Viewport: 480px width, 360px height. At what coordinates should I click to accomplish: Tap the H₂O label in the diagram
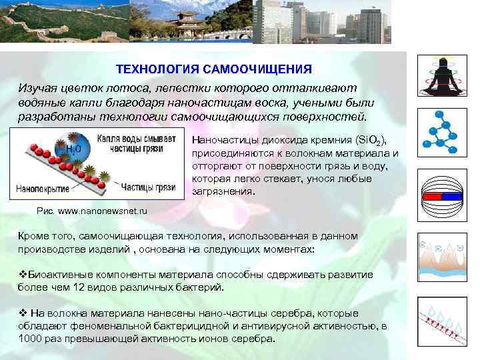pos(73,147)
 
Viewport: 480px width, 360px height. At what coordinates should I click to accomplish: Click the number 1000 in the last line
pos(29,338)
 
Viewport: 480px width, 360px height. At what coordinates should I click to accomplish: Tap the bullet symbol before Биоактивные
pos(22,275)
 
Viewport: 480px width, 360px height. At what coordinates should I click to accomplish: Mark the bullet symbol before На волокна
pos(22,313)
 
